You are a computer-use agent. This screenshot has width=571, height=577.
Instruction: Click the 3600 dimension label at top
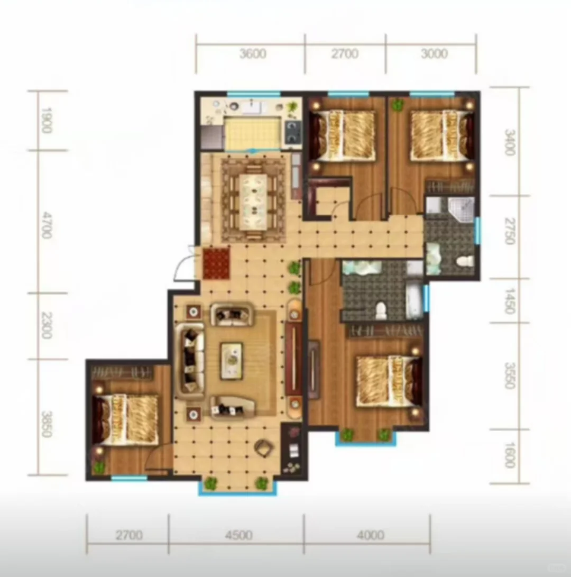(253, 54)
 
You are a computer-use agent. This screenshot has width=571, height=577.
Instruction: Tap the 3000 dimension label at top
(434, 54)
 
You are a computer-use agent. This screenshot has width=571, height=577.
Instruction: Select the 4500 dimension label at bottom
(238, 535)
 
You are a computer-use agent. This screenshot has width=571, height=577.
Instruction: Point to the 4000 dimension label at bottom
(371, 535)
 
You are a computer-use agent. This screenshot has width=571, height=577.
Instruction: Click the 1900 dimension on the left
(46, 121)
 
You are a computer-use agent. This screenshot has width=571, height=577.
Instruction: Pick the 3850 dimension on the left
(46, 424)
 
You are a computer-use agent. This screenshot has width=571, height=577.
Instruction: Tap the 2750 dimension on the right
(509, 231)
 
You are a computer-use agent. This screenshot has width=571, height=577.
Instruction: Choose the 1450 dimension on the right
(509, 300)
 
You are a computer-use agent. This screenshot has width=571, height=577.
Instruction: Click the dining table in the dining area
(253, 202)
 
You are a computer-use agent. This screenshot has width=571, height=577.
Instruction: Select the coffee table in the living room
(232, 361)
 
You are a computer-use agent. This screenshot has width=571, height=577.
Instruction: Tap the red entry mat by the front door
(216, 264)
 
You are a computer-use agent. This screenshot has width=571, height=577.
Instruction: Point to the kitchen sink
(252, 107)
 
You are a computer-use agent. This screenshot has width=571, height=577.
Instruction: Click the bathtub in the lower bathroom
(415, 300)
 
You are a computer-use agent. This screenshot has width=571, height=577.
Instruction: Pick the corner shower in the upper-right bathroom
(461, 209)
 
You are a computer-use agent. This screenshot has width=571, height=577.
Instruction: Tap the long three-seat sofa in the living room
(189, 361)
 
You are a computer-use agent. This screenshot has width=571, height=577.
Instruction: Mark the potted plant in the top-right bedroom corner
(397, 106)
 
